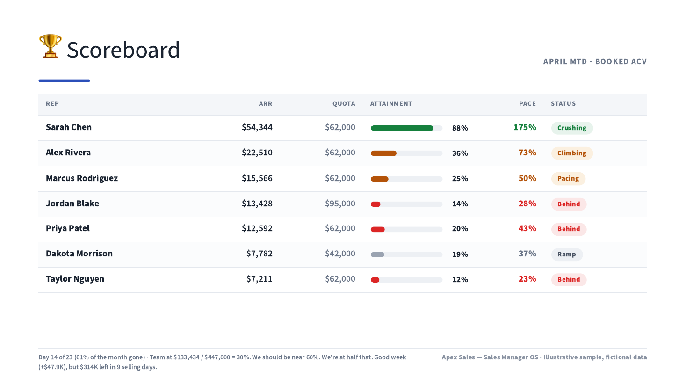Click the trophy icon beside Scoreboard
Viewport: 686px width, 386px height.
(50, 46)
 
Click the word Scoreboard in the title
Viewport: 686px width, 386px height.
(123, 50)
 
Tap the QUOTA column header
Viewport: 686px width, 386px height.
(344, 103)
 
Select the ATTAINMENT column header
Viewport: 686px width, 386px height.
(391, 103)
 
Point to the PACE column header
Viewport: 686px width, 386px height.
(527, 103)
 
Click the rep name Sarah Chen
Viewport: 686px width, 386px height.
(69, 127)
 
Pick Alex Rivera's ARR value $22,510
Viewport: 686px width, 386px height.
(257, 153)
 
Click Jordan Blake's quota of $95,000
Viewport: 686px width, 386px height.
(340, 204)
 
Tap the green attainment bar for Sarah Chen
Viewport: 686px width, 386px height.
(402, 128)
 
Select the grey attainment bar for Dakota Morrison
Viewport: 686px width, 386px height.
(377, 255)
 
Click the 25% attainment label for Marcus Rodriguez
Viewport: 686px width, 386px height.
(460, 179)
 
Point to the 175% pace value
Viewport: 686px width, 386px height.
(525, 127)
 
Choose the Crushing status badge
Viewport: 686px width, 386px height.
(572, 128)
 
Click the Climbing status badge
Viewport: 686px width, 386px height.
(572, 153)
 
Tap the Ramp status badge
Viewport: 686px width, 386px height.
(567, 254)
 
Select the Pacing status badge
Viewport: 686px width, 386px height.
(568, 178)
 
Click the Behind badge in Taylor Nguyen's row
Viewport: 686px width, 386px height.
(569, 279)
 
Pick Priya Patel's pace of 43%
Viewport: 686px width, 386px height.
(527, 228)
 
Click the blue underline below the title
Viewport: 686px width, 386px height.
(65, 80)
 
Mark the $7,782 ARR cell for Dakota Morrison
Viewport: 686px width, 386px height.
(260, 254)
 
